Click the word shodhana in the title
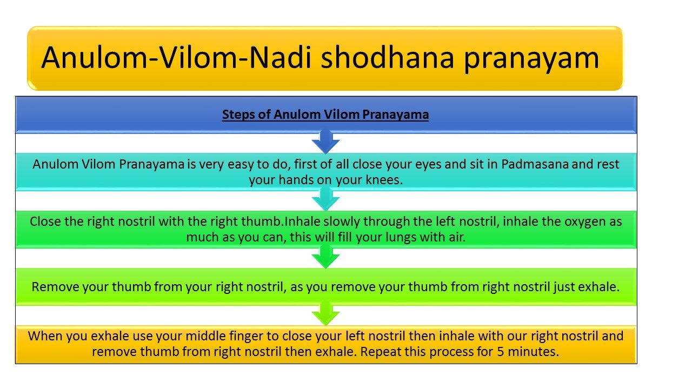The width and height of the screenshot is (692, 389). (387, 57)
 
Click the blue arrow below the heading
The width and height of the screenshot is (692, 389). (325, 142)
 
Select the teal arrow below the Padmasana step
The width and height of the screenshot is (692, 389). (325, 199)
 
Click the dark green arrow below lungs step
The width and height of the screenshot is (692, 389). (325, 257)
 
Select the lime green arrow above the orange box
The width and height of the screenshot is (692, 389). (325, 314)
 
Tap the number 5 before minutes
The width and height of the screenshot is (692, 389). (501, 352)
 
